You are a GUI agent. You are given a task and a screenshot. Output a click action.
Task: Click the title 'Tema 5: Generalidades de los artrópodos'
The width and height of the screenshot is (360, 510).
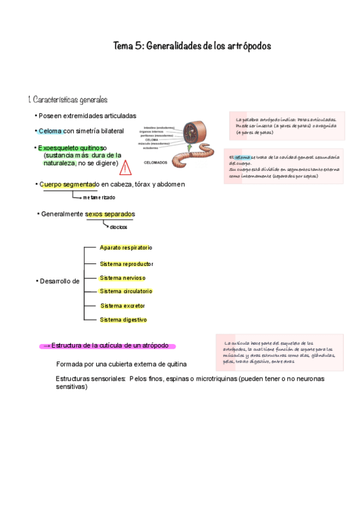192,46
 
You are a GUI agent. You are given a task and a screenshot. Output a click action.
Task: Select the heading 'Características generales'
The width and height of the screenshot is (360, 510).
67,99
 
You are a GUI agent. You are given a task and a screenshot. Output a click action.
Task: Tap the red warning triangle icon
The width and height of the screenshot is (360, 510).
126,167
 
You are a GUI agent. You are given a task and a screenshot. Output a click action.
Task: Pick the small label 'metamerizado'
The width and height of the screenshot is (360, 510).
99,197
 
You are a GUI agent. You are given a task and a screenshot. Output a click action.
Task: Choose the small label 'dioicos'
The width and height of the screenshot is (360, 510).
118,227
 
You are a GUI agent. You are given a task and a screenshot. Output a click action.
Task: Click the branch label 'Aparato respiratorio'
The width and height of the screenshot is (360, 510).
126,248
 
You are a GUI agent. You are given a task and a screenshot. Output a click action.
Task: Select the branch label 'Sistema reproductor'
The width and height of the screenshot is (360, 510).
126,263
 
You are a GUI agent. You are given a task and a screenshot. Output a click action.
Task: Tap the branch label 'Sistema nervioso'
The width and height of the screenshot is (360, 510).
123,278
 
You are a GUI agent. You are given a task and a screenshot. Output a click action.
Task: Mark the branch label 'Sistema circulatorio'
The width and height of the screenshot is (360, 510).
126,292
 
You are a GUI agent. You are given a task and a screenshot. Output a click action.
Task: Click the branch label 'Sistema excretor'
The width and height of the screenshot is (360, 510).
123,306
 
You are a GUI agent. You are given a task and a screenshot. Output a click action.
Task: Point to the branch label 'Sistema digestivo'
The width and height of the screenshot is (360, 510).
123,320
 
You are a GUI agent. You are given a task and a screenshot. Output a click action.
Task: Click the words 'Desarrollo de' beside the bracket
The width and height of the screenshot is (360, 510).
58,281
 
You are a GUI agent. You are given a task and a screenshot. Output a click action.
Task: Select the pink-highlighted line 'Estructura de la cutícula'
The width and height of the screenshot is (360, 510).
108,346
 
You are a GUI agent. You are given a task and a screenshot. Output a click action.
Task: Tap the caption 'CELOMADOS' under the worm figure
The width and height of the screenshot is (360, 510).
155,162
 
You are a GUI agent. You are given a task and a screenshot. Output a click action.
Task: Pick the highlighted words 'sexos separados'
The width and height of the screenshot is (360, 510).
110,214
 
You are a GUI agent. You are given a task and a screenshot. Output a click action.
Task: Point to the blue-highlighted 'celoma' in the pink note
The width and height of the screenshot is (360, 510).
242,158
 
